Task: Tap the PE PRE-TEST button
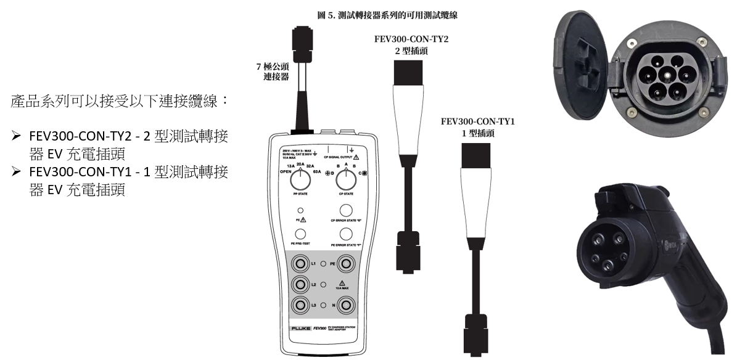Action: pos(301,234)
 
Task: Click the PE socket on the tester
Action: pos(346,264)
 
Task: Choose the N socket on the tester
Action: pos(346,305)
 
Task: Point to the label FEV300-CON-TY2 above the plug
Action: pos(411,39)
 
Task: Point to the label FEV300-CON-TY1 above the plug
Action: pos(478,121)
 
